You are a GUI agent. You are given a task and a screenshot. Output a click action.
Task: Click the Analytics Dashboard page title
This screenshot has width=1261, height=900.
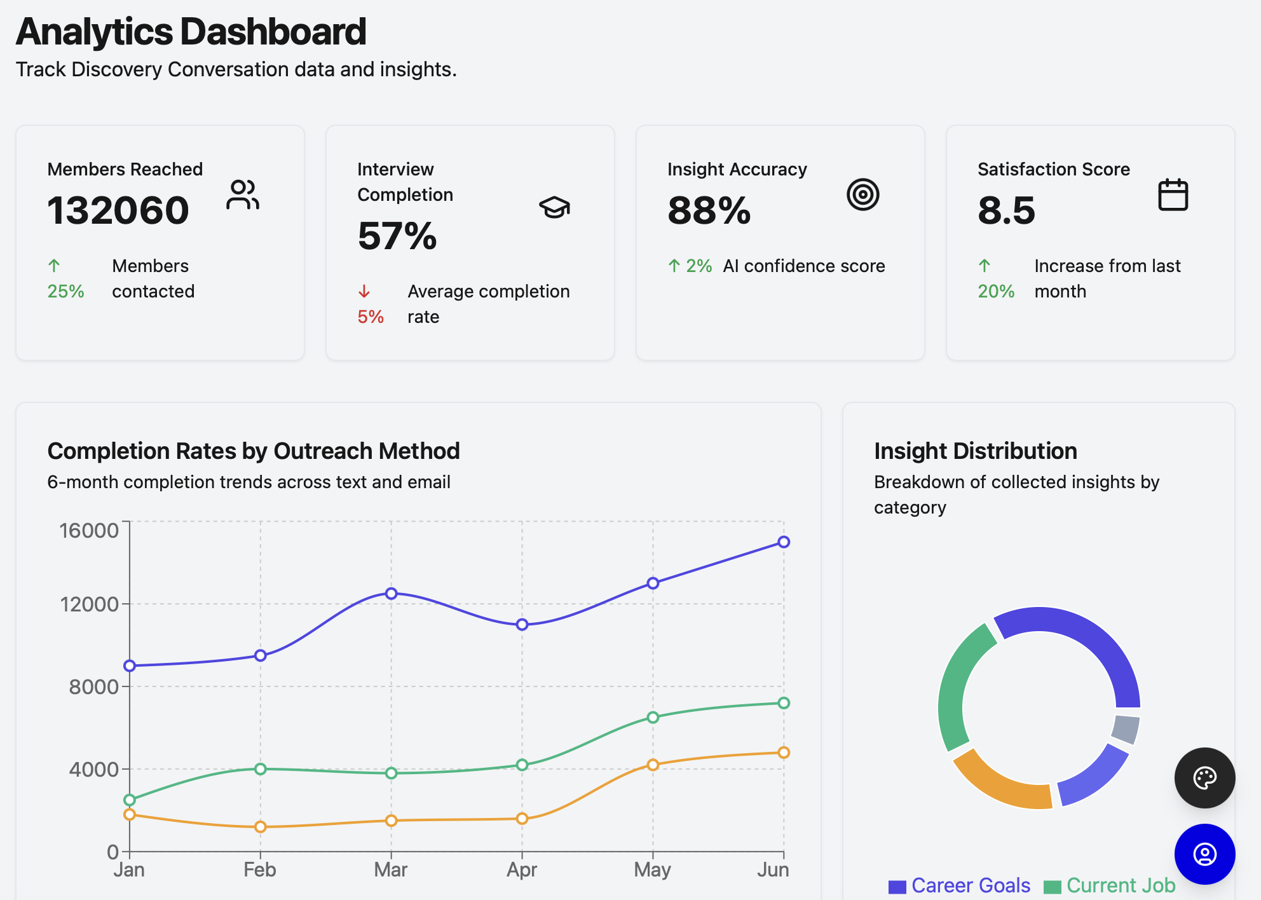pos(191,32)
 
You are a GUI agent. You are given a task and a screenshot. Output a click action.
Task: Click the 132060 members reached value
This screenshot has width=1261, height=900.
pos(118,210)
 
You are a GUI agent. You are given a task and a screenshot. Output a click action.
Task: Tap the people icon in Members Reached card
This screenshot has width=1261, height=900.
pos(242,194)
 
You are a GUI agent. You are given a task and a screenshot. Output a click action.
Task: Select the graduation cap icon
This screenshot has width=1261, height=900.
pos(554,207)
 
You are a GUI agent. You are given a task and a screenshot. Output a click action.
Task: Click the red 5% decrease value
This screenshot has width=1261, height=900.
pos(371,317)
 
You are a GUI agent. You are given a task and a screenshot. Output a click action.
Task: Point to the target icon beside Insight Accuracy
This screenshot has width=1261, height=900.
pos(862,194)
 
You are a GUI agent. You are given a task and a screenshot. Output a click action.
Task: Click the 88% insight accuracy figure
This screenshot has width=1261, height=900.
pos(709,210)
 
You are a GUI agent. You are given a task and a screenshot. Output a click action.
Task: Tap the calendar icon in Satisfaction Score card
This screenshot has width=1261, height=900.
pos(1173,194)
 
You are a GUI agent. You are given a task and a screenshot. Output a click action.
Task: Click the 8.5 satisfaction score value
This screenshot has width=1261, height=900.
pos(1006,210)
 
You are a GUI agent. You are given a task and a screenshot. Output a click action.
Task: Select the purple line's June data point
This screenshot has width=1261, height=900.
pos(784,542)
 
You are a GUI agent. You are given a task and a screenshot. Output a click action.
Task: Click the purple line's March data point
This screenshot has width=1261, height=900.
pos(392,593)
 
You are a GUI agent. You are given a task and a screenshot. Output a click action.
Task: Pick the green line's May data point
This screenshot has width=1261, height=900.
pos(653,717)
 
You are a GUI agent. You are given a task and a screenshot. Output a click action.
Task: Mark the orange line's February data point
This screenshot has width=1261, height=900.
pos(261,827)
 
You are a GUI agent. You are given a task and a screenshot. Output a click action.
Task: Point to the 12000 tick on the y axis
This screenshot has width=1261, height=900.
pos(90,604)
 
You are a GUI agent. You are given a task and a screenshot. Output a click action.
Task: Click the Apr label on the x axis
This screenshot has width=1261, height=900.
pos(522,869)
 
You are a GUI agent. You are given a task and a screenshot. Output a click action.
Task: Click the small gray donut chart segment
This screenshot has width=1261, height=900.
pos(1126,729)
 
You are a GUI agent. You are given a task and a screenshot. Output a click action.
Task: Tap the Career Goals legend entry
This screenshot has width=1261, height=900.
pos(960,885)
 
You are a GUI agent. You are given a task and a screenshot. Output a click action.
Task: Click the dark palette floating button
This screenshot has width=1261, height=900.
pos(1204,778)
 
